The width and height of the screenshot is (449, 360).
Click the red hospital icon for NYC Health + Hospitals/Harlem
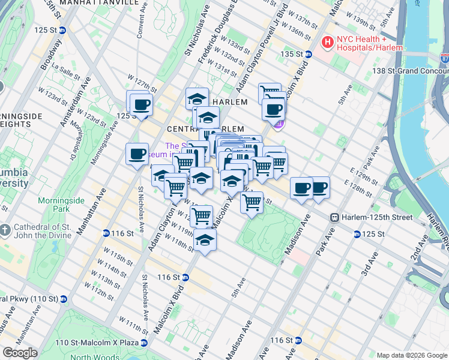[x=328, y=43]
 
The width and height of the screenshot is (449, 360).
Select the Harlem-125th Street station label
[x=372, y=217]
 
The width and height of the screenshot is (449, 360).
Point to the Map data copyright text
[x=412, y=355]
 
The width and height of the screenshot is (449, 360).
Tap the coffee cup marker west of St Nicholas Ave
[x=137, y=154]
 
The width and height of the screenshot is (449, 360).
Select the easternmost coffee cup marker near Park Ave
[x=319, y=187]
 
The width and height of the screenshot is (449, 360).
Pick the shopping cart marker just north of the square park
[x=252, y=202]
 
